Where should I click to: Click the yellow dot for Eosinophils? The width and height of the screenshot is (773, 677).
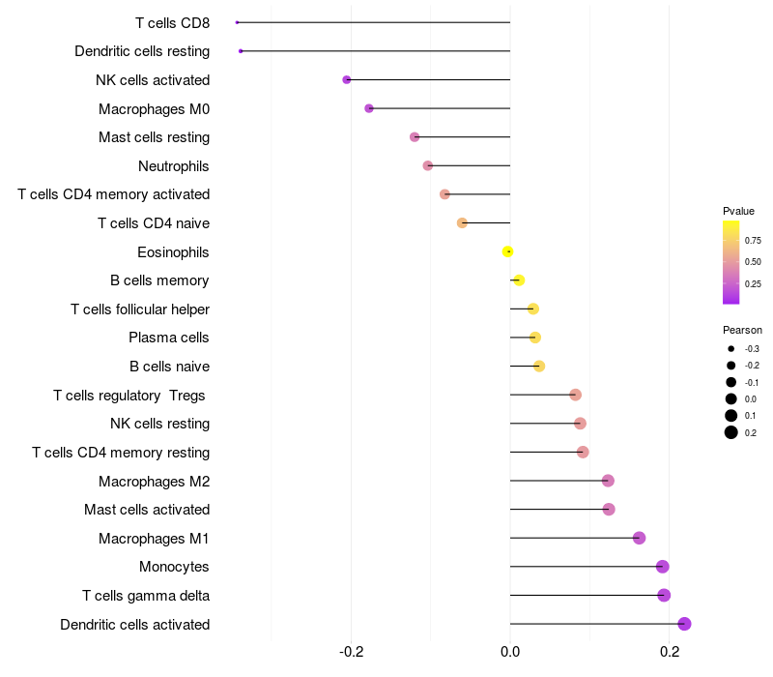508,251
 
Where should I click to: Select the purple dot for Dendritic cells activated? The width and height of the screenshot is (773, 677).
684,624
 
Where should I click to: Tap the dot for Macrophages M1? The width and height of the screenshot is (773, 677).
639,538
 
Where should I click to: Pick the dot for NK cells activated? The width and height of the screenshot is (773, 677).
347,79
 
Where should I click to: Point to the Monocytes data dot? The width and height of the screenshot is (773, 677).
662,567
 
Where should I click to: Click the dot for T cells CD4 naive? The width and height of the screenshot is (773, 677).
462,222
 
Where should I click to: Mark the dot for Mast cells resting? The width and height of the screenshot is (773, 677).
415,137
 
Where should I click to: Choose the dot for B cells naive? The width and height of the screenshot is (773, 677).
539,366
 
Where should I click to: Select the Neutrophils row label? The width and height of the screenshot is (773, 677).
174,166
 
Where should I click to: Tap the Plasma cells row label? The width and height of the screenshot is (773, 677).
169,338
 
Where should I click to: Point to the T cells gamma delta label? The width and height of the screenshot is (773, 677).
146,595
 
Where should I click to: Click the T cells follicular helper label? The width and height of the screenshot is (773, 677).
140,309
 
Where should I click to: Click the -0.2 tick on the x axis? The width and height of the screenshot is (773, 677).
352,651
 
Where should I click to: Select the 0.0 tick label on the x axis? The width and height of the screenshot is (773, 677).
510,651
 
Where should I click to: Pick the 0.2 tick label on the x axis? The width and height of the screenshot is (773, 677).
670,651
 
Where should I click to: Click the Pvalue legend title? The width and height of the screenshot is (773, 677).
738,211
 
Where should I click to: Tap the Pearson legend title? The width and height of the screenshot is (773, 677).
742,330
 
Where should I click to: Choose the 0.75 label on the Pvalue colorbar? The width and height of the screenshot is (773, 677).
753,241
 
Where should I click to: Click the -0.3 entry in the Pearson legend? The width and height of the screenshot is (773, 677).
751,348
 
